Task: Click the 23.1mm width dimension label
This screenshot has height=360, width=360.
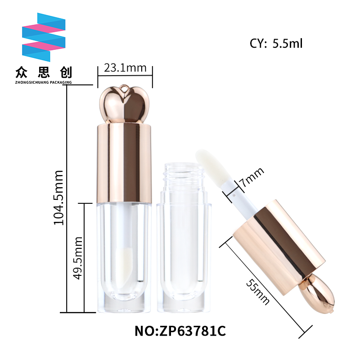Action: (125, 68)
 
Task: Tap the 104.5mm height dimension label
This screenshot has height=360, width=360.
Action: (59, 198)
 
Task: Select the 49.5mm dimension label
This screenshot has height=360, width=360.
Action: (77, 258)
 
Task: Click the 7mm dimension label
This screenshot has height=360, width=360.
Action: (252, 176)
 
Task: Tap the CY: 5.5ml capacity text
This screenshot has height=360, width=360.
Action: (276, 43)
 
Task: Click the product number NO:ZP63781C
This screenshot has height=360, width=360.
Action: (180, 331)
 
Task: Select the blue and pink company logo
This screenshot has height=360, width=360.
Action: (44, 37)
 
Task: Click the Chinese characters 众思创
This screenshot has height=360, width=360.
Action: (44, 72)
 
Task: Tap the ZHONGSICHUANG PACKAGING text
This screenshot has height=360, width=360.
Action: (43, 82)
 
